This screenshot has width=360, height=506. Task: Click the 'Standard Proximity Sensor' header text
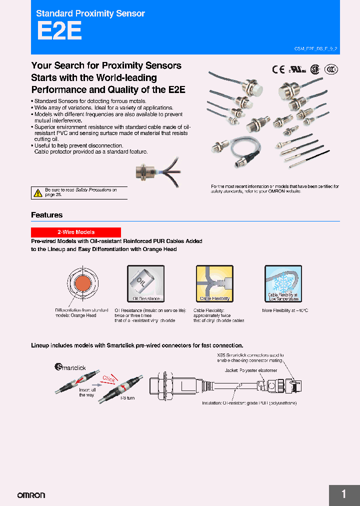tap(90, 13)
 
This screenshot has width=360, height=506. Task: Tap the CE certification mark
tap(278, 69)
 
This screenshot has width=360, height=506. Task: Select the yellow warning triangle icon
tap(37, 192)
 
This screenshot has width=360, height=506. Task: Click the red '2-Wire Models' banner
tap(76, 232)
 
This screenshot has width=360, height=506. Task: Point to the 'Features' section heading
tap(46, 215)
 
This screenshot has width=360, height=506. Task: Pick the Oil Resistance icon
tap(146, 283)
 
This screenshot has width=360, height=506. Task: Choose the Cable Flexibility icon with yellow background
tap(214, 283)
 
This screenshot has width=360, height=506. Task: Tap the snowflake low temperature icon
tap(283, 283)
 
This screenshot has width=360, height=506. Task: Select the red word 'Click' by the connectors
tap(109, 378)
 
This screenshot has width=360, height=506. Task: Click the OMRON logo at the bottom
tap(31, 495)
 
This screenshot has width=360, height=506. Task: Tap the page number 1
tap(343, 494)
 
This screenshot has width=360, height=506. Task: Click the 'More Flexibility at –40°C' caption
tap(285, 310)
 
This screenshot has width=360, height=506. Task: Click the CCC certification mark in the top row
tap(330, 69)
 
